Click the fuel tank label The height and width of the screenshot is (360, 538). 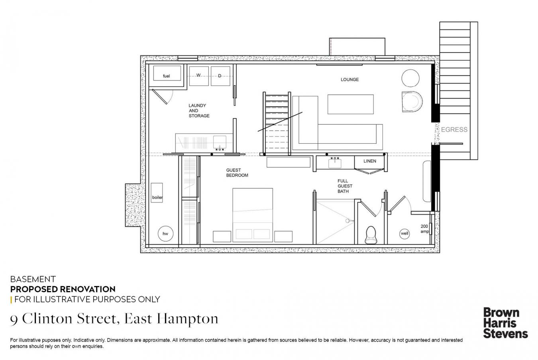(166, 76)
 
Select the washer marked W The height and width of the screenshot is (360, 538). (199, 76)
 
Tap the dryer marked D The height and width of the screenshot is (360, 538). (220, 76)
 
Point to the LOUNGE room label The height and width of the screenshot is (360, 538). (350, 79)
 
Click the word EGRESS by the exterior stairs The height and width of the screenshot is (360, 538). (454, 129)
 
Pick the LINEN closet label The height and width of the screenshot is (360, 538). (370, 161)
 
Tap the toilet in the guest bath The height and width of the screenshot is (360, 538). (371, 235)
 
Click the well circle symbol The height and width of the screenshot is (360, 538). (404, 233)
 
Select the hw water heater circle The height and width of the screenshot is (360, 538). (165, 233)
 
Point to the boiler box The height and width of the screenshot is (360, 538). (157, 193)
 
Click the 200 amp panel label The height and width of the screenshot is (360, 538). (424, 229)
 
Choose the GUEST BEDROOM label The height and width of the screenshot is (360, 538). (237, 173)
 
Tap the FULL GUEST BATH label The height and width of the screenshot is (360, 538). (345, 186)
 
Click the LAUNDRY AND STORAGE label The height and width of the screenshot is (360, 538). (199, 111)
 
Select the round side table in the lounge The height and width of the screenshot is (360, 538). (410, 78)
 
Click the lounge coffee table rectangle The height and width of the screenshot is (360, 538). (351, 104)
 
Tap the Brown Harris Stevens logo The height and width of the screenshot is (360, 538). (506, 323)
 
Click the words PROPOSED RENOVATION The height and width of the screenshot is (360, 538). (63, 289)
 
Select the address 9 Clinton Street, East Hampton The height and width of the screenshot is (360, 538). (114, 319)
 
